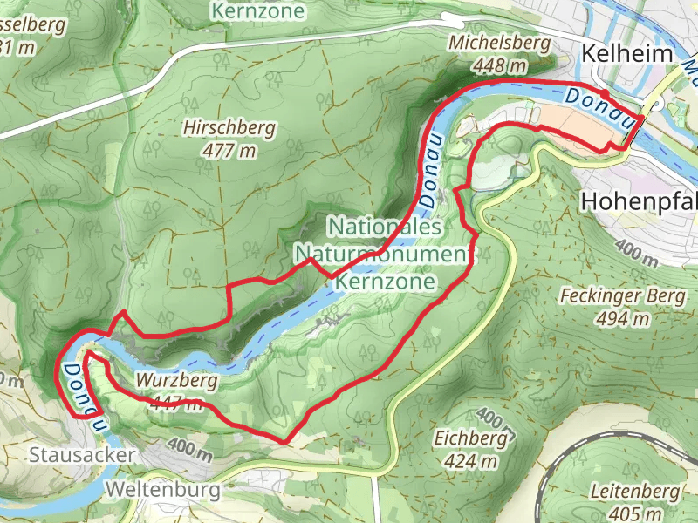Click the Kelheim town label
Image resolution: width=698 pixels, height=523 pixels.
[628, 54]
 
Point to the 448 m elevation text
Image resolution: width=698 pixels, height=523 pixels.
[502, 65]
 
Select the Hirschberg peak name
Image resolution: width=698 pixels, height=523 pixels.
[229, 128]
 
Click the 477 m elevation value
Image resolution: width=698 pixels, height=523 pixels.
[229, 151]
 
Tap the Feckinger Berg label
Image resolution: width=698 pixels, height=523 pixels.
[623, 295]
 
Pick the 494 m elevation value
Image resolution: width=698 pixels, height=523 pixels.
[623, 318]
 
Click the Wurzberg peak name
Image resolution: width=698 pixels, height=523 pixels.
[176, 381]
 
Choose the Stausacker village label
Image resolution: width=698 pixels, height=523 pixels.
[82, 455]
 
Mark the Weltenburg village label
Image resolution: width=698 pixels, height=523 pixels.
[162, 491]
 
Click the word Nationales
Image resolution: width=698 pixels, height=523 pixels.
[386, 227]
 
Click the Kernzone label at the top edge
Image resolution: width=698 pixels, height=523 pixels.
[258, 10]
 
